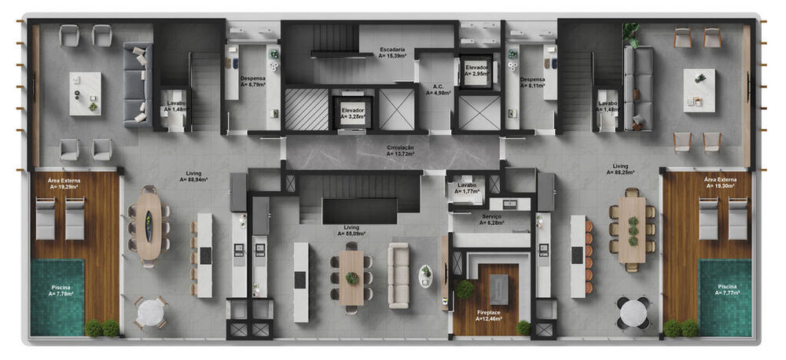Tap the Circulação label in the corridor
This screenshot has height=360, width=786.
coord(400,151)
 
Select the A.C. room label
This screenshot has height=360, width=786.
coord(439,90)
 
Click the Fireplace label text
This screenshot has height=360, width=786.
coord(492,312)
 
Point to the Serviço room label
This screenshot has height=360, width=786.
coord(492,219)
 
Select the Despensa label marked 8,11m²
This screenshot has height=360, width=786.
coord(532,82)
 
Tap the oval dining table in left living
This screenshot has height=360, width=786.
coord(149,226)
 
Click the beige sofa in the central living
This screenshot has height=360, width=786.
coord(399,275)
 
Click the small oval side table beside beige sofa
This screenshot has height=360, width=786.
coord(425,276)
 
